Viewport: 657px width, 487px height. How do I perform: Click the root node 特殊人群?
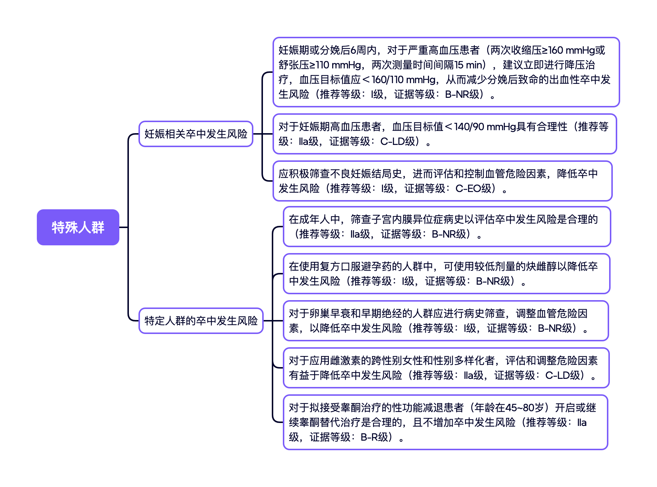78,227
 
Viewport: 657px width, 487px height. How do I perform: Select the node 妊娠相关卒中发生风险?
196,134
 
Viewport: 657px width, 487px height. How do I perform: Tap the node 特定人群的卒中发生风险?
201,321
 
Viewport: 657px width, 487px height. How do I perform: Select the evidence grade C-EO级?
475,189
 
